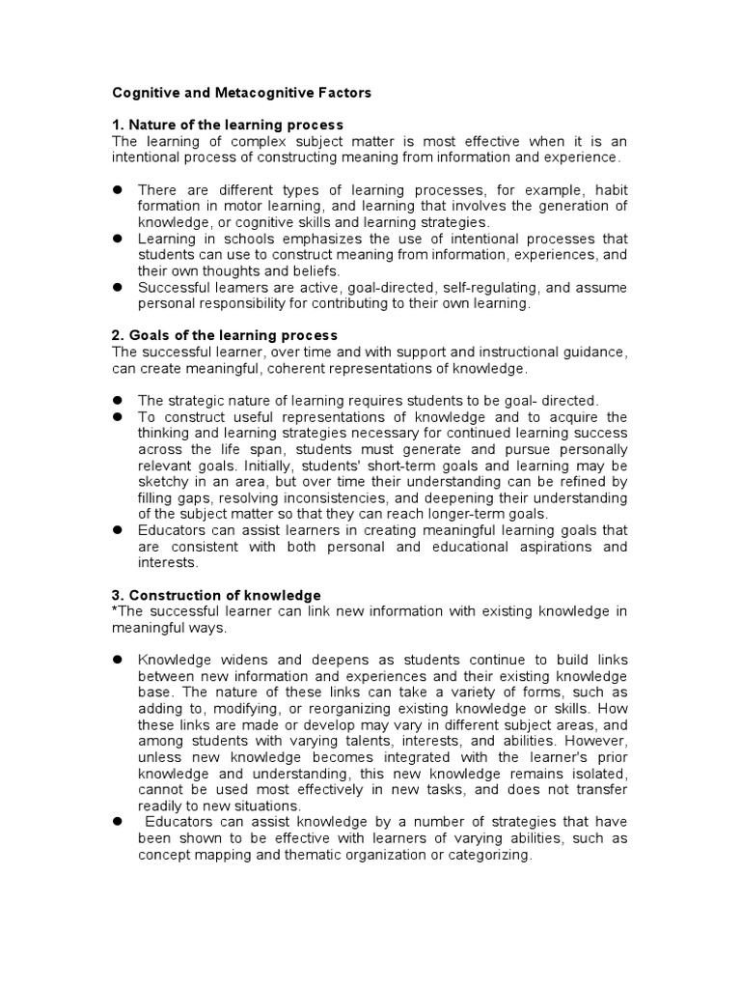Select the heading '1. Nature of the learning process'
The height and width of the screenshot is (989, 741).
point(228,125)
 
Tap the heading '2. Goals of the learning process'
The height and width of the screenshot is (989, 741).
point(225,335)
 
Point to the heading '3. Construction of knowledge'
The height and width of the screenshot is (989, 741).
point(217,595)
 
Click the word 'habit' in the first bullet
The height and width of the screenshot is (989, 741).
point(609,189)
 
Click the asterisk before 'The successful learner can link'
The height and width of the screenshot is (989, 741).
point(116,610)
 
